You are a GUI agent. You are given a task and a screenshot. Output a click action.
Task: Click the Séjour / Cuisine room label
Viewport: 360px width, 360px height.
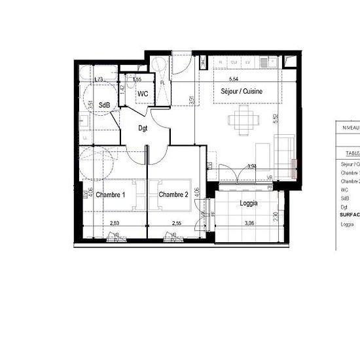click(x=242, y=92)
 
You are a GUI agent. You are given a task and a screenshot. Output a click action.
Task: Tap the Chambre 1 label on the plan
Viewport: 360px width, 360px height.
click(x=111, y=195)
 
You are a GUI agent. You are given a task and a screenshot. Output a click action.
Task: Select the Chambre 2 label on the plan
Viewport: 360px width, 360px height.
click(x=173, y=194)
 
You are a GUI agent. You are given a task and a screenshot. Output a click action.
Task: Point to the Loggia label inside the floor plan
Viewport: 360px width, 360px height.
click(x=248, y=203)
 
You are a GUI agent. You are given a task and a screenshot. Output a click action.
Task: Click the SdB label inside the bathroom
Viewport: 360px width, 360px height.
click(x=104, y=105)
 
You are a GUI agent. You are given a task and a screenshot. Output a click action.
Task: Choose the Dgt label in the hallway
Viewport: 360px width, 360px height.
click(x=143, y=128)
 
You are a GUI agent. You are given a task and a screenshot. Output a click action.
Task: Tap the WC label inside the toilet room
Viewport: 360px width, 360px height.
click(x=143, y=94)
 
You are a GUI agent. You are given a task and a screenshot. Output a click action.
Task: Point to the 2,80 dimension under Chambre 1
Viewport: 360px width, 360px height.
click(x=115, y=224)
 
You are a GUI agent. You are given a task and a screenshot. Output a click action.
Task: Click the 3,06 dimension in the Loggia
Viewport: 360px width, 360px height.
click(x=248, y=224)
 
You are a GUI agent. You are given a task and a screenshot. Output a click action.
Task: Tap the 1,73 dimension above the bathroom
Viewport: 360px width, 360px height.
click(x=99, y=80)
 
